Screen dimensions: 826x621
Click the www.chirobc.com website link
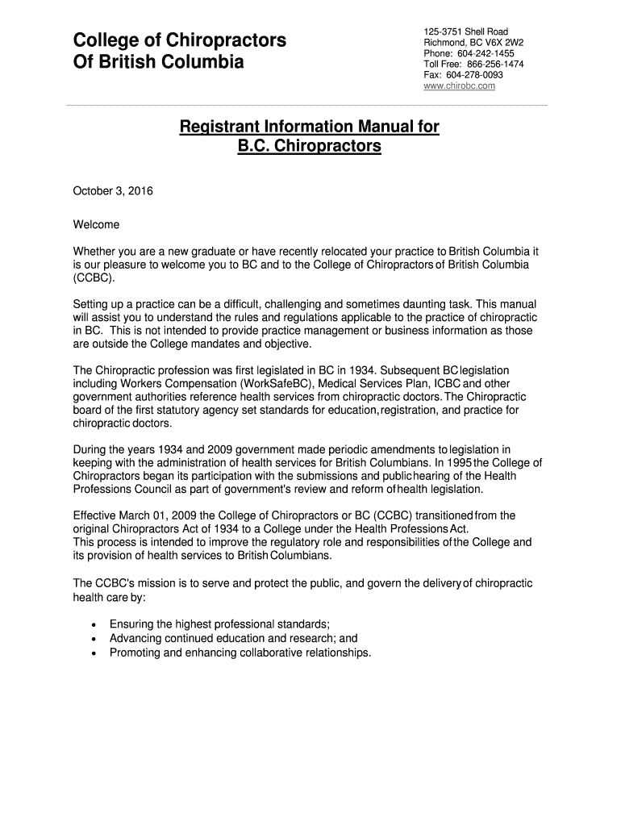459,86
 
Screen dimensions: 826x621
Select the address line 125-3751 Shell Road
465,31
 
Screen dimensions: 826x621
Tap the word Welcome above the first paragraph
96,224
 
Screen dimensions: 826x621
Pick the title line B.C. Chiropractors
309,148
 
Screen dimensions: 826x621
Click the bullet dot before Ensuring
96,624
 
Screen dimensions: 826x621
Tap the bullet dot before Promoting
96,653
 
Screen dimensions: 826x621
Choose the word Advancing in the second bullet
136,638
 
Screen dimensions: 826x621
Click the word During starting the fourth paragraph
92,449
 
